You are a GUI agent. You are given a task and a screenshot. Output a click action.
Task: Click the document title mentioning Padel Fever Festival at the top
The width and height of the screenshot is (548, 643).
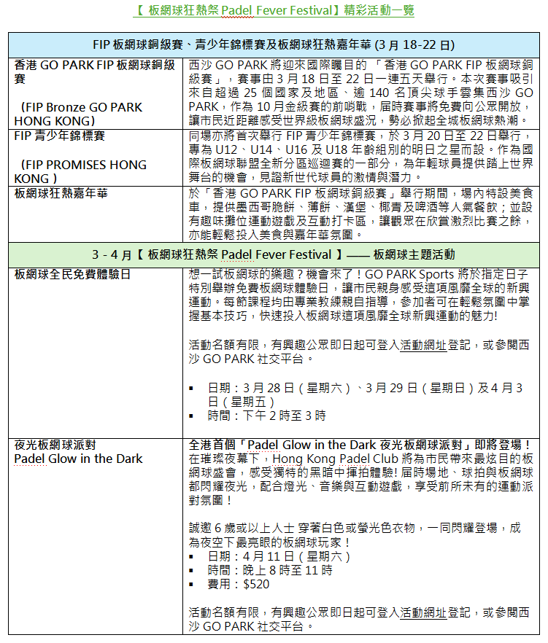click(274, 10)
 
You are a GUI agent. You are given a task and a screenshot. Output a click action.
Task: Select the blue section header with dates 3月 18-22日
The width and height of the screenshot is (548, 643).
click(274, 44)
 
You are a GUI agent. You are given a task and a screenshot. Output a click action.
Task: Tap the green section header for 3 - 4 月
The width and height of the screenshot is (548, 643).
click(274, 254)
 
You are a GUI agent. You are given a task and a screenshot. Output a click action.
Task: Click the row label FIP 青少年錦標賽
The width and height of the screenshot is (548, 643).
click(60, 136)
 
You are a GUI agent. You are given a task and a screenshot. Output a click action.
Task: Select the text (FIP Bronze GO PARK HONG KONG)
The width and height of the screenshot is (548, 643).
click(79, 114)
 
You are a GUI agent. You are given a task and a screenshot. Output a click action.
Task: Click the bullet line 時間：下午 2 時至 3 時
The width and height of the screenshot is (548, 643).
click(266, 416)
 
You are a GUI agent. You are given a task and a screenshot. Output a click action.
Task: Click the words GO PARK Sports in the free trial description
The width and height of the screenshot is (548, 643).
click(417, 275)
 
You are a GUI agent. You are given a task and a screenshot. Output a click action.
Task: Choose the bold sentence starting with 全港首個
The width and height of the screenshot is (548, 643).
click(359, 444)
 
